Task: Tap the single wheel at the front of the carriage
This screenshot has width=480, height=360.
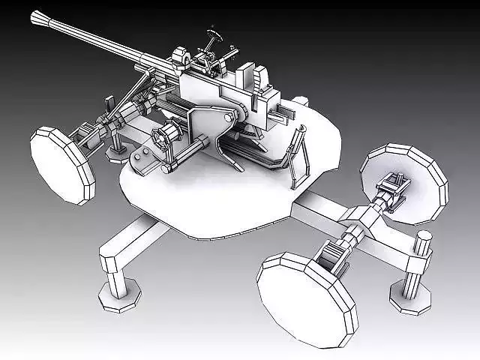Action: coord(63,165)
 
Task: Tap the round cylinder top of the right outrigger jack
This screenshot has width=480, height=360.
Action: coord(424,237)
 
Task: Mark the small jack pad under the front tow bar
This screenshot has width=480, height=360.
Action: coord(118,153)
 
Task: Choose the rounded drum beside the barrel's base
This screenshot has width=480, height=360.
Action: coord(180,56)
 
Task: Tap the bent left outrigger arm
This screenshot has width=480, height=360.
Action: coord(127,247)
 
